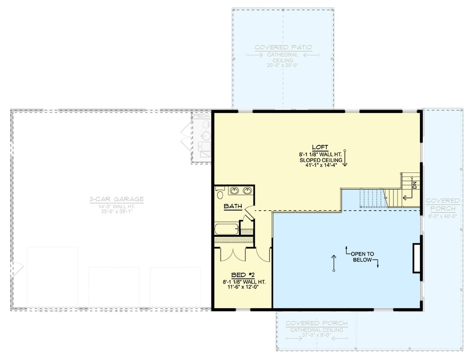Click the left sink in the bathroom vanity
coord(234,191)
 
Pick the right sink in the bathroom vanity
coord(247,191)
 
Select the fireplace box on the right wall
coord(417,258)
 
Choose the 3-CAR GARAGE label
coord(117,199)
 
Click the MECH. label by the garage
coord(201,116)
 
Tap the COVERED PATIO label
coord(283,47)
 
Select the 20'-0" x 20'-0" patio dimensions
coord(283,66)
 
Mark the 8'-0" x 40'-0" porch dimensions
coord(442,216)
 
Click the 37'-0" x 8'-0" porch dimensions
coord(316,336)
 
